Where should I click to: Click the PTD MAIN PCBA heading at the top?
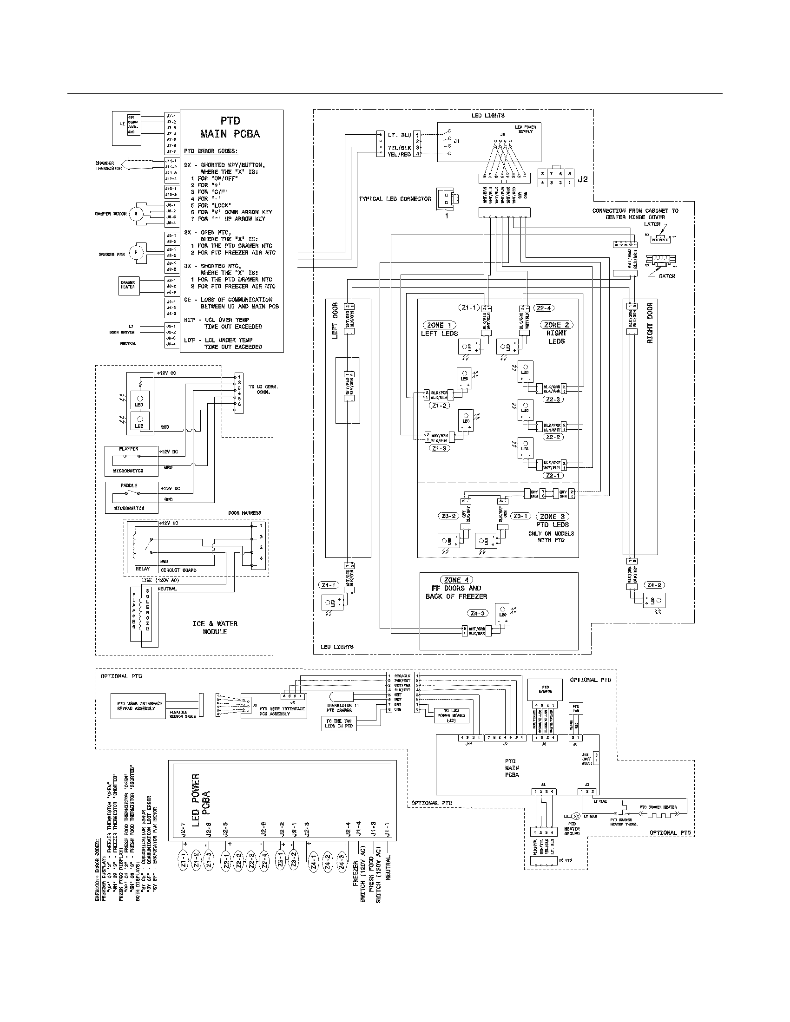pos(230,127)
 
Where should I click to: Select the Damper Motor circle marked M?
pos(136,214)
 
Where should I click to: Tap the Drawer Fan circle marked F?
pos(136,253)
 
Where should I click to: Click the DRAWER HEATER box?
pos(128,285)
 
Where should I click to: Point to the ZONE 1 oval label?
pos(439,325)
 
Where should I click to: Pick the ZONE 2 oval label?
pos(556,325)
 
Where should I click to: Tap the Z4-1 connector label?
pos(328,585)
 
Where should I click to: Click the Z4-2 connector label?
pos(654,585)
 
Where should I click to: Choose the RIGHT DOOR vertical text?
pos(650,323)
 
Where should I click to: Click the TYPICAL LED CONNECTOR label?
pos(395,199)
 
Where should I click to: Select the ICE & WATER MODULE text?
pos(215,628)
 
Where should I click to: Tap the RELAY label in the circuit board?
pos(143,569)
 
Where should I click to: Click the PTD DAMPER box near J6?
pos(545,690)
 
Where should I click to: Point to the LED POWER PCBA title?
pos(201,800)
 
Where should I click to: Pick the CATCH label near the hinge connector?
pos(667,276)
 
